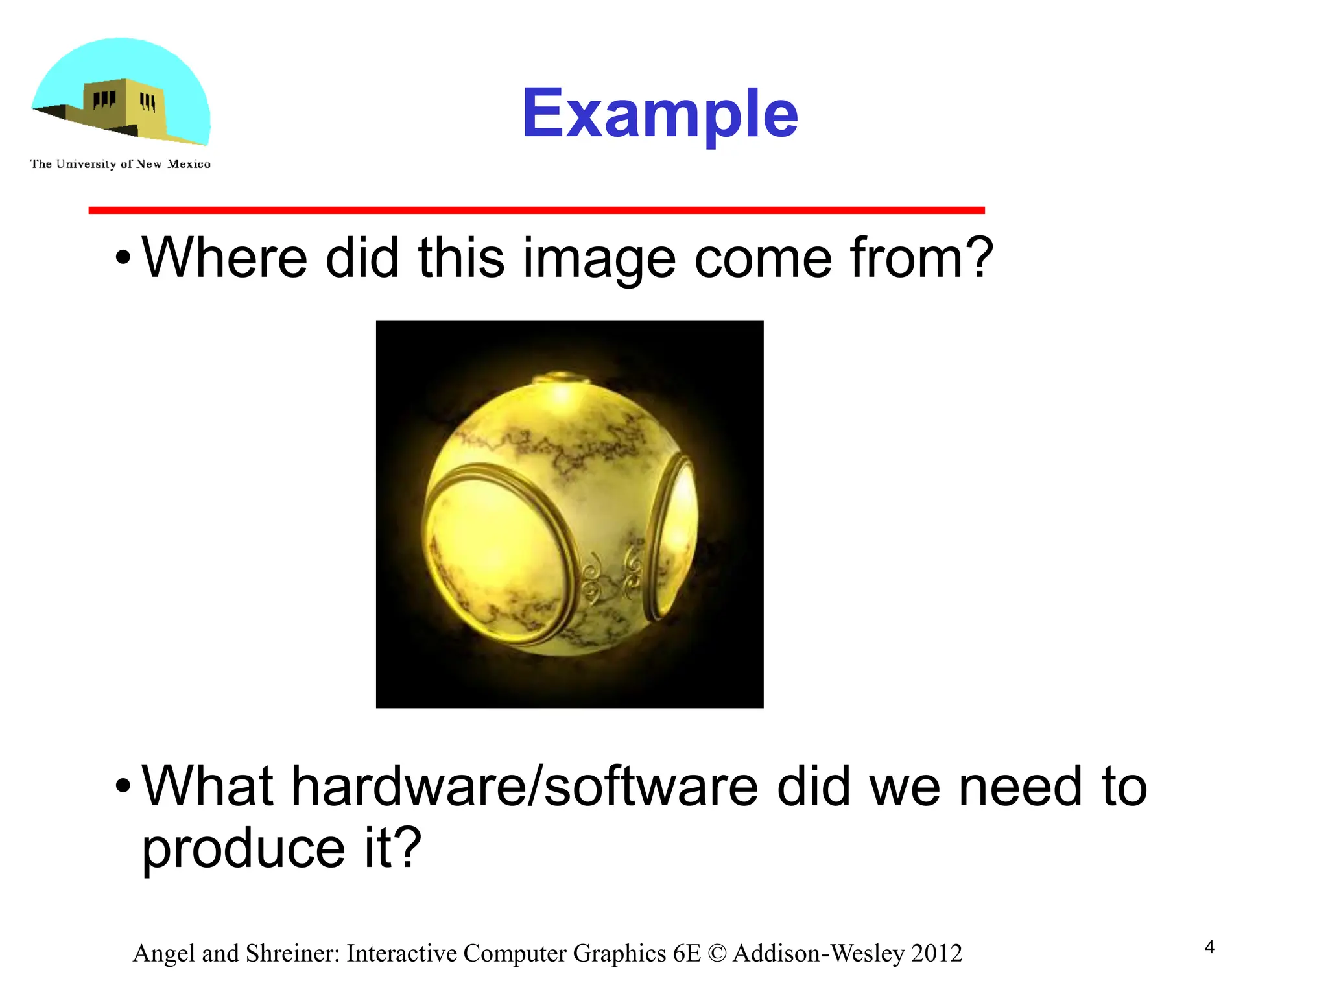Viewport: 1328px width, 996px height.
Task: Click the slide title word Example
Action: (x=659, y=114)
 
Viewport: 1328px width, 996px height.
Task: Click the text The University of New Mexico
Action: (x=120, y=164)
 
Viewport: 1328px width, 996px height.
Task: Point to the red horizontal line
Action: (x=536, y=210)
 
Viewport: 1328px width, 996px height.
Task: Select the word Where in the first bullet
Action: (x=224, y=258)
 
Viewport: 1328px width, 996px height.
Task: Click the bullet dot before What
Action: (x=123, y=787)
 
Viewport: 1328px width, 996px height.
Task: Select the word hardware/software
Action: (x=524, y=787)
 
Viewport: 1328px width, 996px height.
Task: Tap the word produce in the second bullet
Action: (x=243, y=849)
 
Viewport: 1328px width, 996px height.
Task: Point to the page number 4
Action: (x=1209, y=947)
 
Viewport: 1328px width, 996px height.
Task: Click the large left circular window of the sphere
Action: (x=493, y=551)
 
